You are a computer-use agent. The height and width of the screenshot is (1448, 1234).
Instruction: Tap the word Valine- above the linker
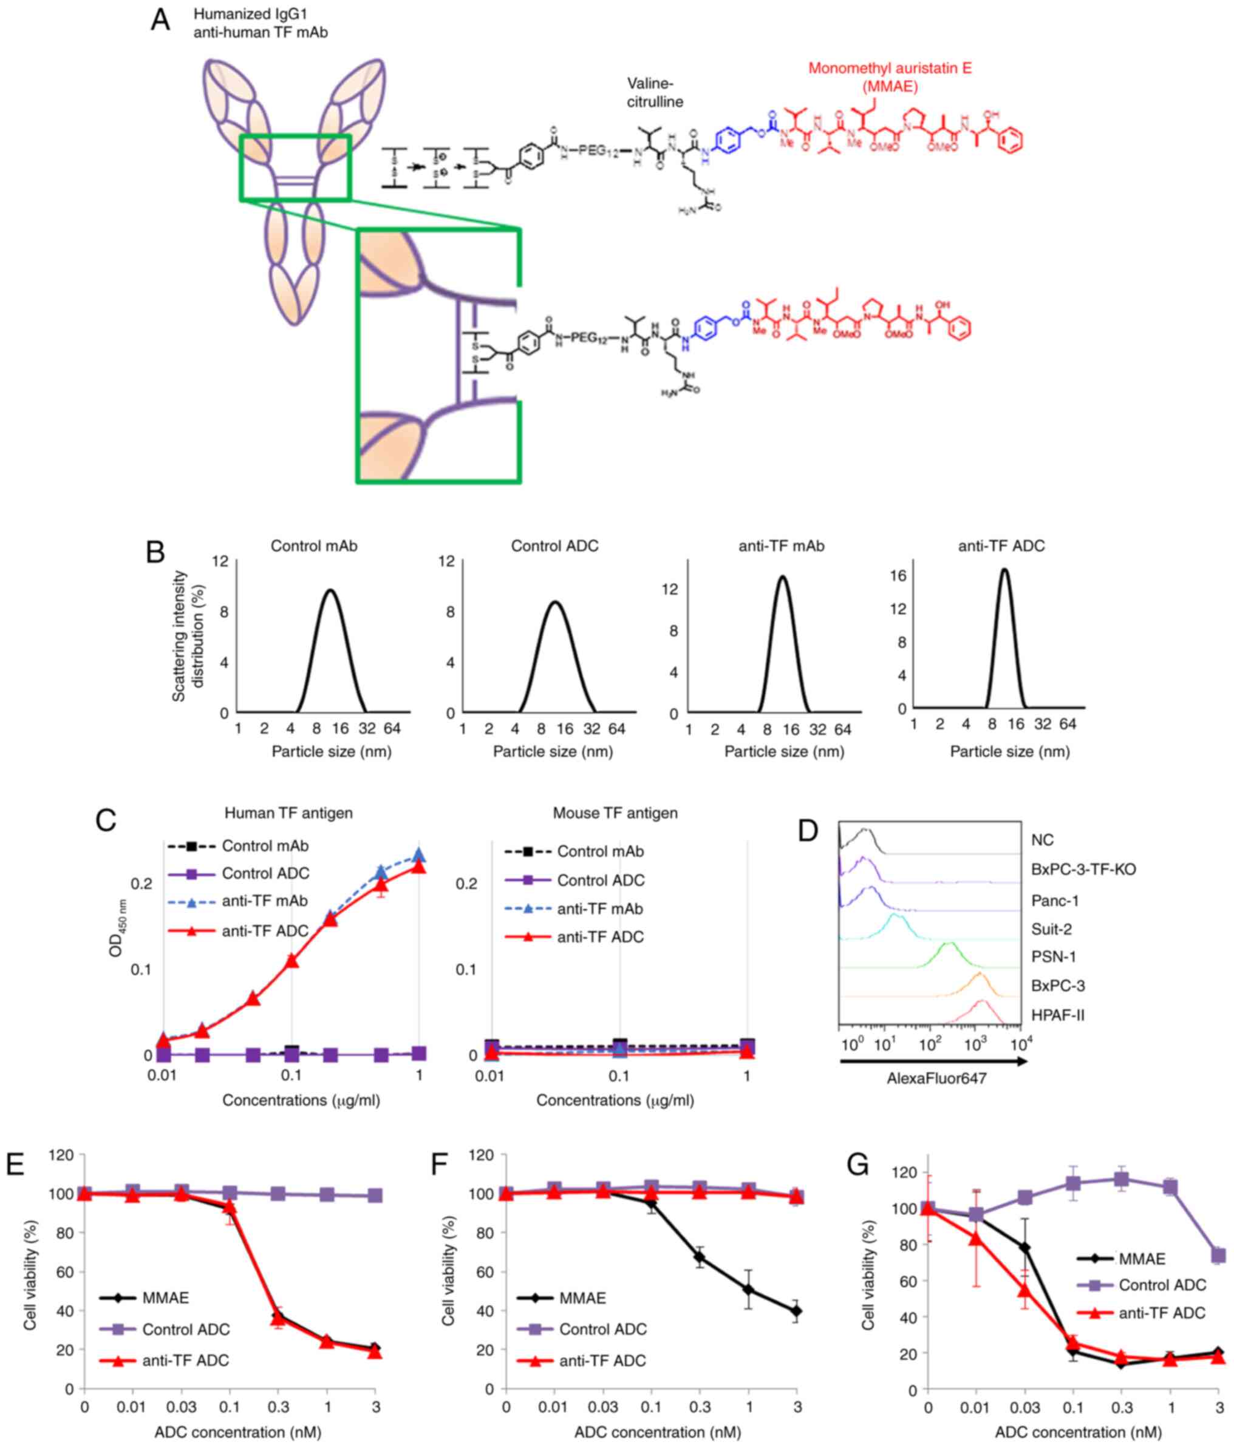click(650, 84)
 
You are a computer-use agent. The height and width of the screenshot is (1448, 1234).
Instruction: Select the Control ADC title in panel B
click(554, 546)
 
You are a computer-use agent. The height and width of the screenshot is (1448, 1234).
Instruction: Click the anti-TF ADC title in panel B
click(1001, 546)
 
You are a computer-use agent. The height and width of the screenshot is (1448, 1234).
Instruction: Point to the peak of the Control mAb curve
click(330, 590)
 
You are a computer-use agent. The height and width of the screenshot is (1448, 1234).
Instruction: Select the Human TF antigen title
click(288, 813)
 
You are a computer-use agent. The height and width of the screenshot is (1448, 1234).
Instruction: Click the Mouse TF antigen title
click(615, 813)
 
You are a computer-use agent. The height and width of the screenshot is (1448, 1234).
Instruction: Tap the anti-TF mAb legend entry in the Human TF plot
click(264, 901)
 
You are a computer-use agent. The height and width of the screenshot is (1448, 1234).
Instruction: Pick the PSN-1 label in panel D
click(1054, 956)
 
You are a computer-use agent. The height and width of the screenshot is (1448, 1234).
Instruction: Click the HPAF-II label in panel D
click(1058, 1015)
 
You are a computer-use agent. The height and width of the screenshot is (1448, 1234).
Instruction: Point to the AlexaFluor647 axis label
click(936, 1078)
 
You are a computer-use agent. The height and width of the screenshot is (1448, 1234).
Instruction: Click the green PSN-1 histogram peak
click(949, 944)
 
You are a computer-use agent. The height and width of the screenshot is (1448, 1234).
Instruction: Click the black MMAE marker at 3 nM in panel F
click(796, 1311)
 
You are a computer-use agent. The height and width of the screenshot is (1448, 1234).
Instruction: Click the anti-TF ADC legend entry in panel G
click(1161, 1313)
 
